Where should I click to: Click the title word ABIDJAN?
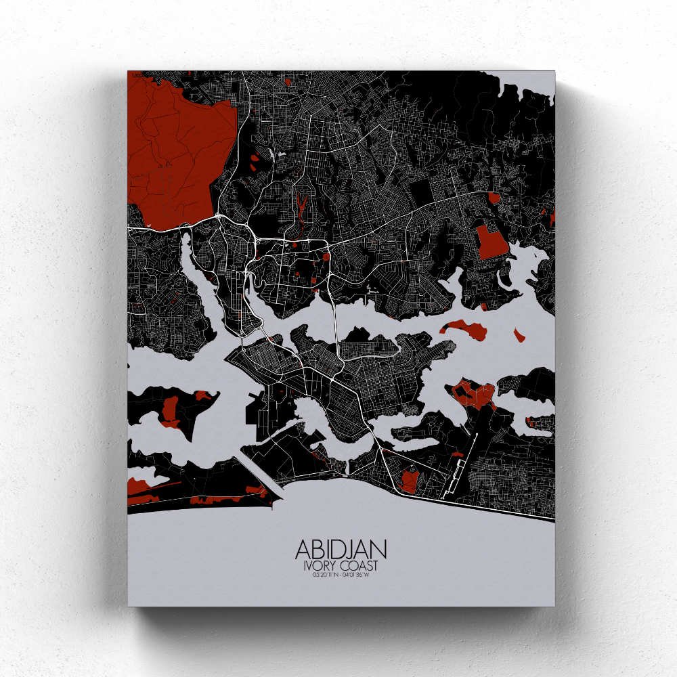tap(341, 550)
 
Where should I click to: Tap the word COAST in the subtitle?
tap(359, 566)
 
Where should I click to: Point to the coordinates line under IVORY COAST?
tap(341, 575)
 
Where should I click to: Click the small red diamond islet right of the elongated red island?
tap(519, 335)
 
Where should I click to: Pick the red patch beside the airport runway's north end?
tap(474, 395)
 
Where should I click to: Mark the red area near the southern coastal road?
tap(410, 481)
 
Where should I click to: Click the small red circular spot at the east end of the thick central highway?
tap(326, 257)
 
